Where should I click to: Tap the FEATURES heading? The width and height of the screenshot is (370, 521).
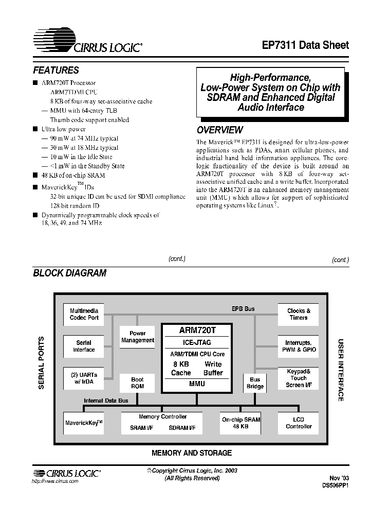(56, 71)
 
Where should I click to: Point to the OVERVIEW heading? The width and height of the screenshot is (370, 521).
(220, 130)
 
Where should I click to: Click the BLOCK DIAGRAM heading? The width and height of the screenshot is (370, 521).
(69, 273)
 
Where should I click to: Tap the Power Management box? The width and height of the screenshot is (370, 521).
(137, 337)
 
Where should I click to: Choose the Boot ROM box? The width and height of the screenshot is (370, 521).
(137, 383)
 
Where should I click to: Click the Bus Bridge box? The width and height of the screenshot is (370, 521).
(255, 383)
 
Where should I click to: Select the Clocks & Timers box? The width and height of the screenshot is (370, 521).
(299, 314)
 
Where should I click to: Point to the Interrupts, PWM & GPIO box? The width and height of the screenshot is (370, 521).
(299, 346)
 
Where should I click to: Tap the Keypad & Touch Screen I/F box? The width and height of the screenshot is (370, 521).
(299, 378)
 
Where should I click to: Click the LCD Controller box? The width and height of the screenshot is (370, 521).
(299, 423)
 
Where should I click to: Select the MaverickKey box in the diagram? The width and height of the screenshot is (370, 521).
(84, 423)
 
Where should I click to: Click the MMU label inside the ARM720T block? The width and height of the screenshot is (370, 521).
(197, 384)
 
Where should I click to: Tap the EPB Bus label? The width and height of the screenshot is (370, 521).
(243, 309)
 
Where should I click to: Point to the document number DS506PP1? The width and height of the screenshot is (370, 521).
(336, 485)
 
